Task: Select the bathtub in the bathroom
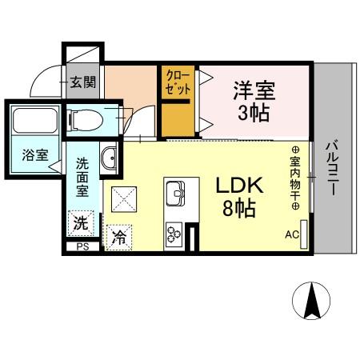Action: pos(32,122)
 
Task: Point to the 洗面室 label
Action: pos(82,178)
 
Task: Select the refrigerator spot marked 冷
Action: pos(118,237)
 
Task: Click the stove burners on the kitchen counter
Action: pos(174,234)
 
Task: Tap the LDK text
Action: pos(238,186)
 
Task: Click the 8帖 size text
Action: pos(238,211)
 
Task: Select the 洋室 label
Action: pos(249,88)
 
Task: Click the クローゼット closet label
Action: pos(178,82)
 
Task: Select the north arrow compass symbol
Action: pos(311,301)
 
